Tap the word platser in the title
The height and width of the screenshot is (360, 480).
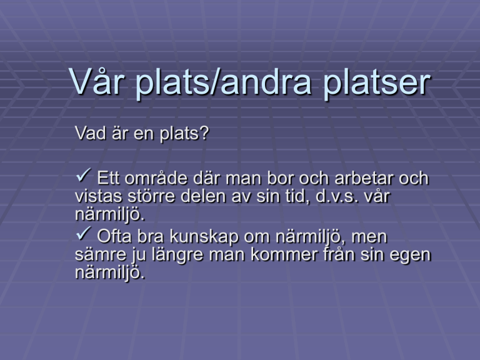(x=376, y=83)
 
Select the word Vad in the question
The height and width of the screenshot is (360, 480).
(x=90, y=133)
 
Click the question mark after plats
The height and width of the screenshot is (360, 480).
(x=204, y=133)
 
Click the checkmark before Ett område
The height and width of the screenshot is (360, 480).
(x=83, y=175)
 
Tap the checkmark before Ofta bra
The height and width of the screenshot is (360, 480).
(x=83, y=233)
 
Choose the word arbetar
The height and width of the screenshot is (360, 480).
(x=364, y=178)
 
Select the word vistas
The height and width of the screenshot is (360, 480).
(x=99, y=196)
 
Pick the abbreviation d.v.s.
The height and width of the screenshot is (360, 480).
(x=337, y=196)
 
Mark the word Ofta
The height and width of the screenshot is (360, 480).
(x=114, y=236)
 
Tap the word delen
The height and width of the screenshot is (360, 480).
(x=203, y=196)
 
